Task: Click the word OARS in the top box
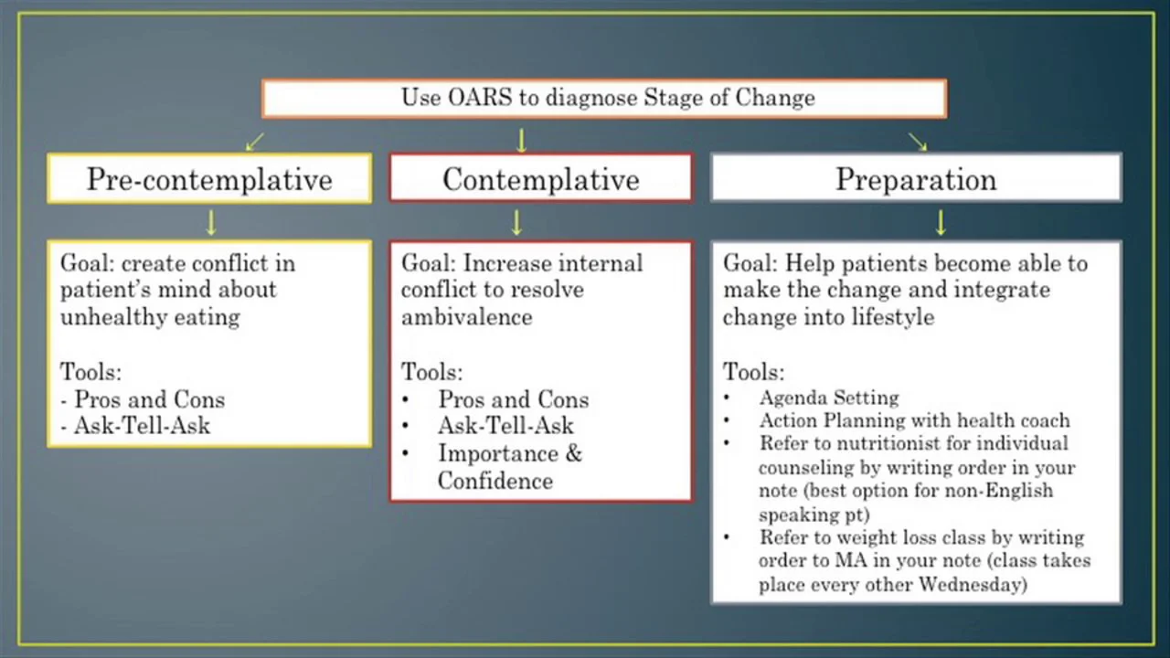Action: click(x=481, y=98)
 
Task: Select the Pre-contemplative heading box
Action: click(x=209, y=179)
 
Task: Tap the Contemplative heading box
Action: click(x=540, y=179)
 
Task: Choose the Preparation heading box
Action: click(x=916, y=179)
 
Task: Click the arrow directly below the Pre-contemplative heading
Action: click(x=211, y=222)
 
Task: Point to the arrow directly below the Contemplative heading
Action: click(x=516, y=222)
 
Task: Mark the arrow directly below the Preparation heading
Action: click(x=940, y=222)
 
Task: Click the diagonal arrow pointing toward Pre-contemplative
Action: click(x=254, y=142)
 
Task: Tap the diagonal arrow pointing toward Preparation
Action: click(x=918, y=142)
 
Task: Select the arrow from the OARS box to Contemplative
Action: click(x=521, y=140)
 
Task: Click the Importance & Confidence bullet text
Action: click(x=509, y=467)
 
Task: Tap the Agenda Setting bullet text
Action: click(x=828, y=398)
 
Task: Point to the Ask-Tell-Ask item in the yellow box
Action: click(x=142, y=426)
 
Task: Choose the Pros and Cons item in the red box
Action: click(x=513, y=399)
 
